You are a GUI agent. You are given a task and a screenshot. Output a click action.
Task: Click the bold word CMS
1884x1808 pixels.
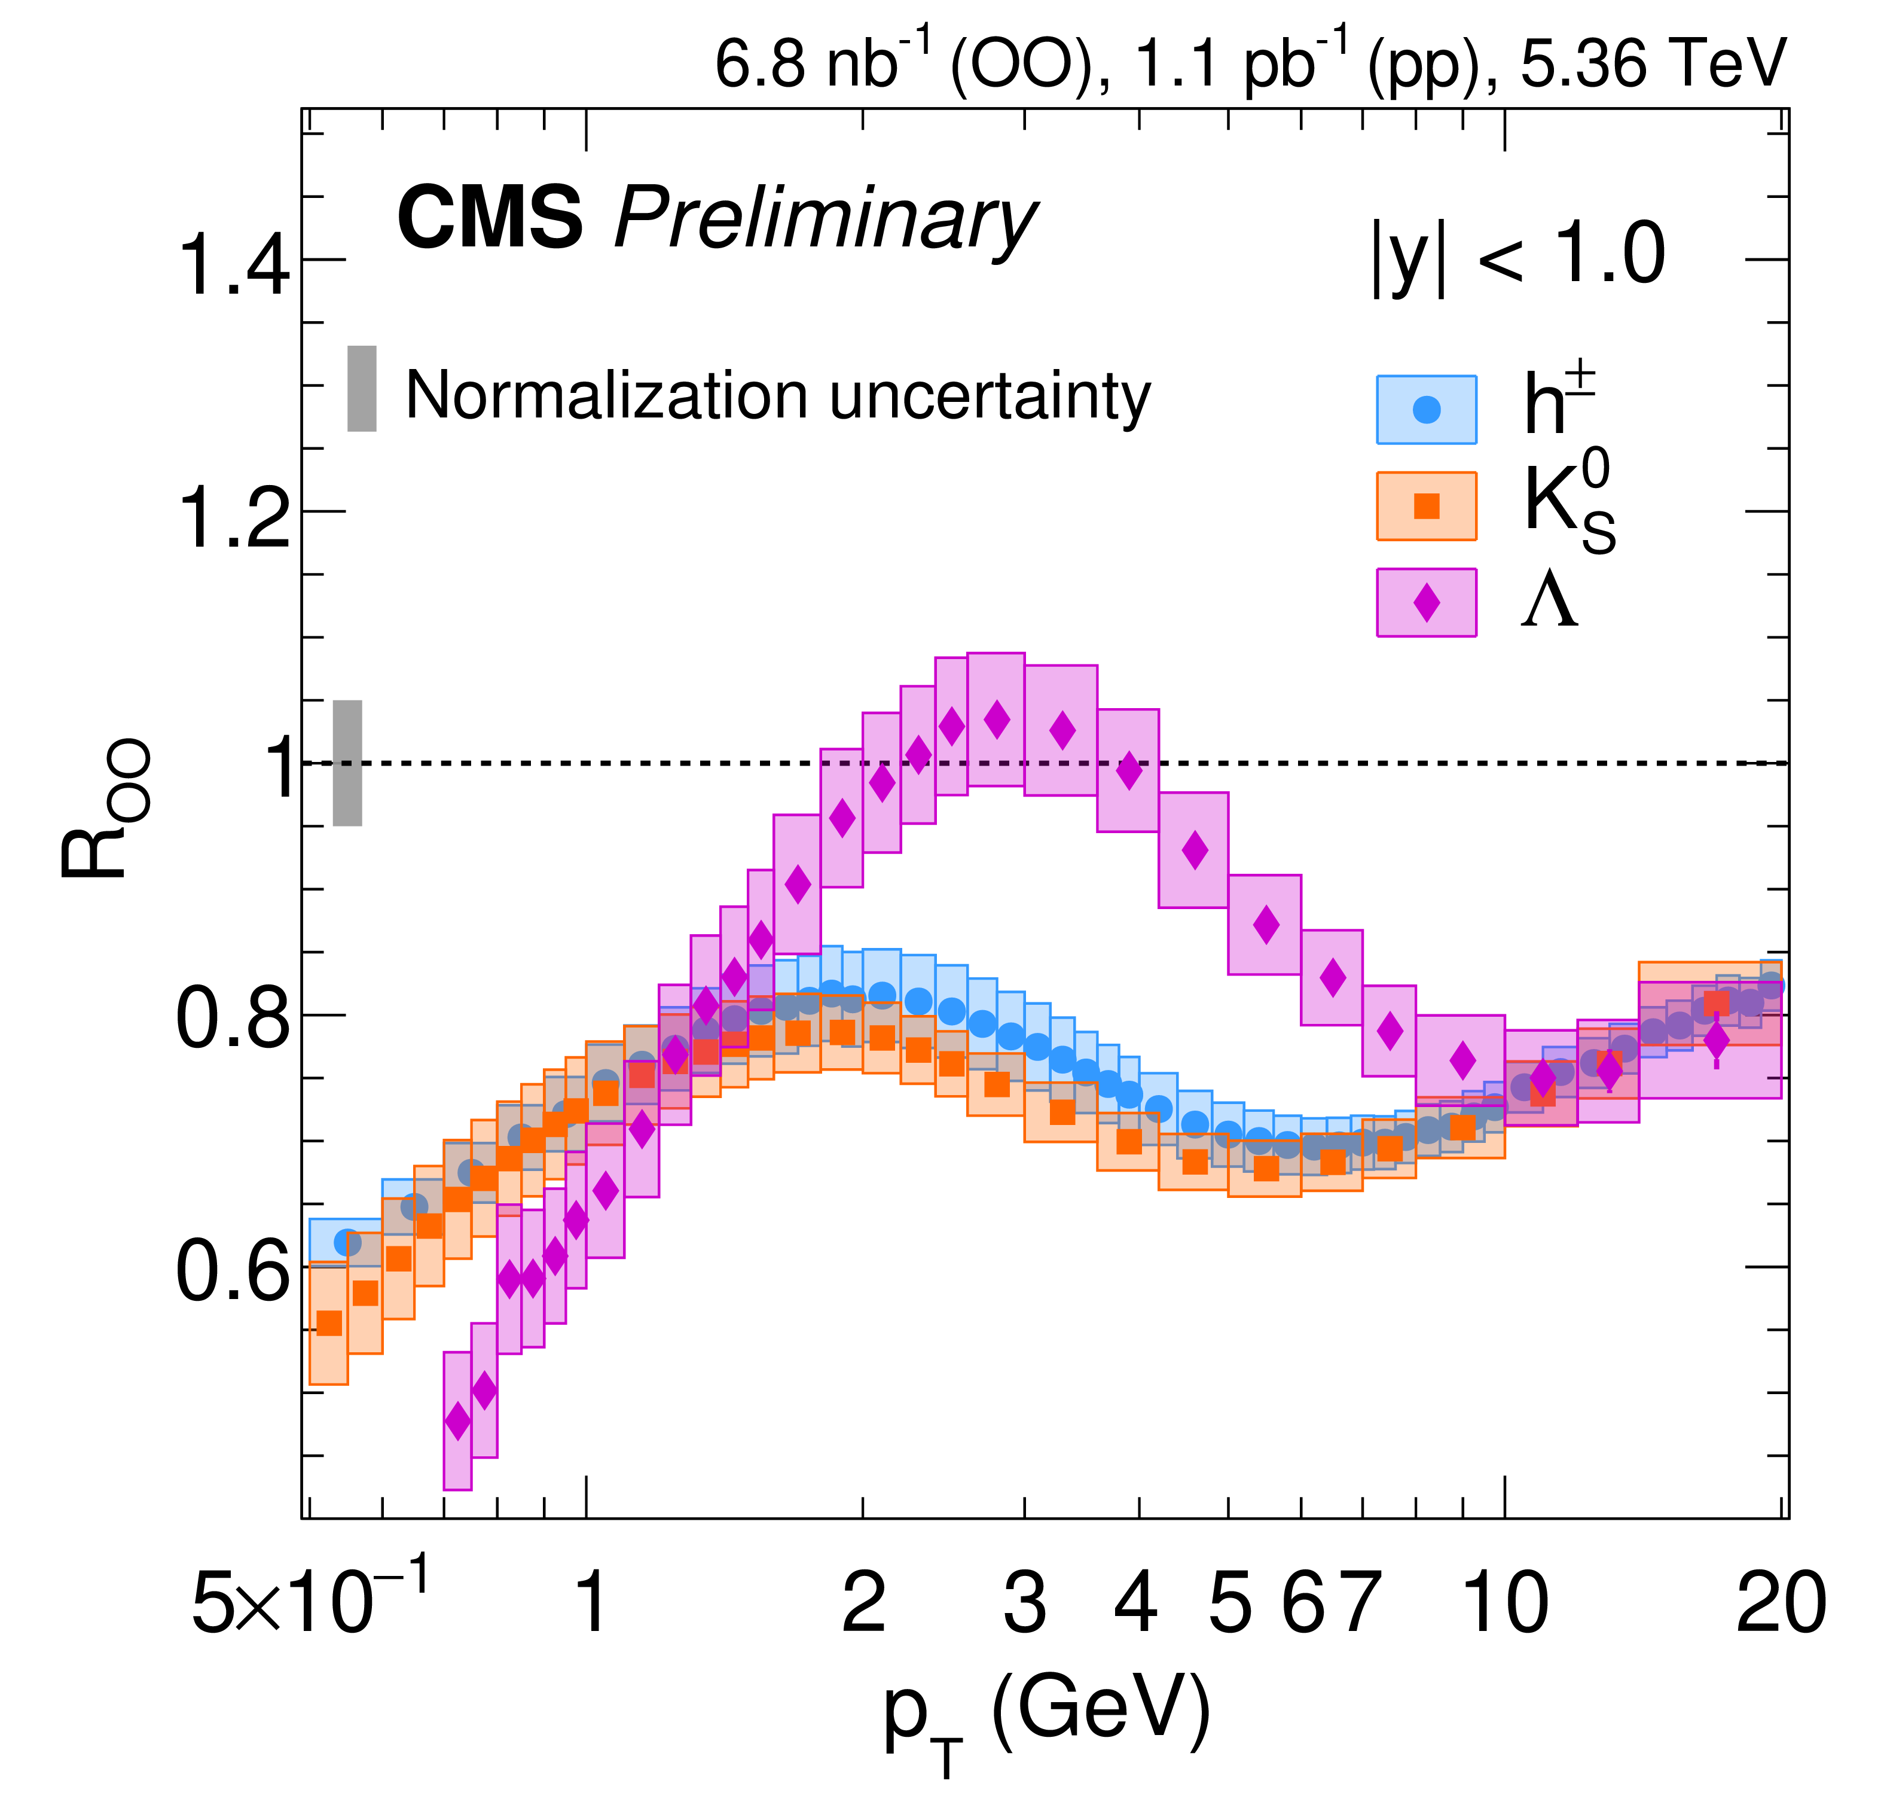[490, 219]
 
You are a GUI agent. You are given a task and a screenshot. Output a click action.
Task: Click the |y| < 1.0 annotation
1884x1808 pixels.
[1519, 256]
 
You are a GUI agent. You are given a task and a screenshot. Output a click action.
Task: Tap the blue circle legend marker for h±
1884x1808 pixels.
[1427, 410]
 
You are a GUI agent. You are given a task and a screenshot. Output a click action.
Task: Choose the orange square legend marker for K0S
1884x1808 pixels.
[1427, 506]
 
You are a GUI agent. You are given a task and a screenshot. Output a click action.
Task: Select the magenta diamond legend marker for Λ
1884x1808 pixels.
[1427, 603]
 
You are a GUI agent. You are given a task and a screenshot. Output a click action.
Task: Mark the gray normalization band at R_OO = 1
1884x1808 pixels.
[348, 763]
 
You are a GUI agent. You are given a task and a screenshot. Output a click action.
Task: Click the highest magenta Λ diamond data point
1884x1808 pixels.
[997, 719]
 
